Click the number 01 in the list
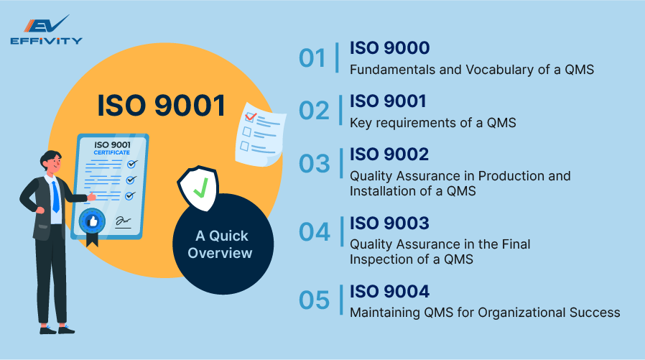(313, 58)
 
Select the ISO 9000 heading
(389, 48)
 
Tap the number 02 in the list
(314, 111)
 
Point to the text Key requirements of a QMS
(433, 122)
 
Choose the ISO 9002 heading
(389, 154)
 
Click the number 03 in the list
(314, 164)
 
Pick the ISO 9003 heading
(389, 223)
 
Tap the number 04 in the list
(314, 232)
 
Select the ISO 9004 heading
(389, 292)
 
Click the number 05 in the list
(314, 300)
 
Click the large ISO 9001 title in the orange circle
(162, 106)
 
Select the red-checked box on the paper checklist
(251, 116)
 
